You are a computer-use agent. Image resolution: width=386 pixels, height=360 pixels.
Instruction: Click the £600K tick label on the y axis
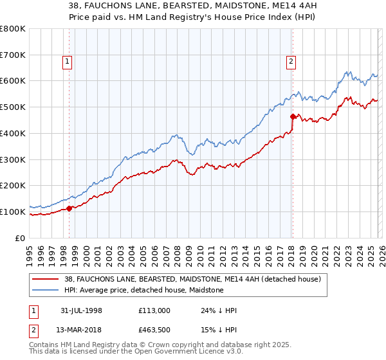12,81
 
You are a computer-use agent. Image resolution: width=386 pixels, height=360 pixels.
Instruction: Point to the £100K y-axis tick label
12,212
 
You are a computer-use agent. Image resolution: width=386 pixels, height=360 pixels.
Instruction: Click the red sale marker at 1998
69,208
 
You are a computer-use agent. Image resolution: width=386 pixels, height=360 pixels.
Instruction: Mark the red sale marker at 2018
292,117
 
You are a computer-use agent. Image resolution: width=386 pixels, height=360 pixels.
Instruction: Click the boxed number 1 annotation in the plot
68,62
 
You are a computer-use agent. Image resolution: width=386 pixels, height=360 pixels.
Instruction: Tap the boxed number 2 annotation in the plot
291,62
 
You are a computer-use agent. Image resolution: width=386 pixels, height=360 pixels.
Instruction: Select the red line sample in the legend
46,279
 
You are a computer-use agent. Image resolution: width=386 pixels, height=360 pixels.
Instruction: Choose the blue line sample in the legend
46,290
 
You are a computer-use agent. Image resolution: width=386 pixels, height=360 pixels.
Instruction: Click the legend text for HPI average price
143,290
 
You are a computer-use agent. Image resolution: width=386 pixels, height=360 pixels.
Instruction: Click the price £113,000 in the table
154,310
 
